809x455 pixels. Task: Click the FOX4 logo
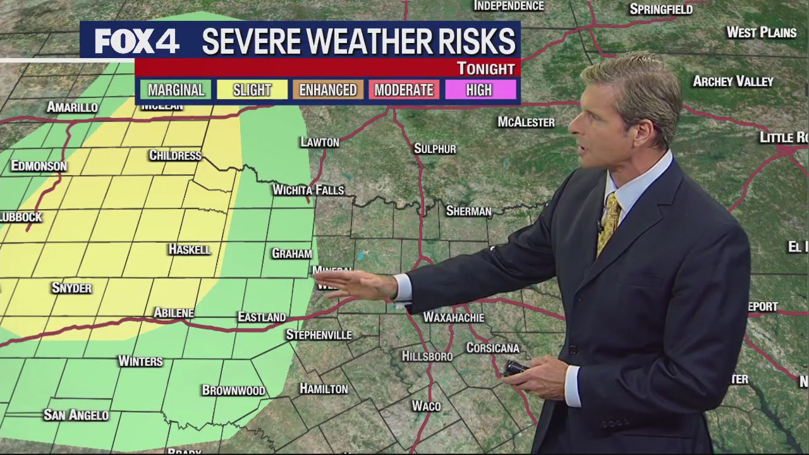click(137, 42)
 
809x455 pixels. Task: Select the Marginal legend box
click(176, 90)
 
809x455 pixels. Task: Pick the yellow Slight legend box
click(252, 90)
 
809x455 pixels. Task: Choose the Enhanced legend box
click(328, 90)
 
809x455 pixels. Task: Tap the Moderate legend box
click(404, 90)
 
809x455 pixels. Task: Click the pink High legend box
click(479, 90)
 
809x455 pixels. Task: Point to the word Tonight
click(485, 68)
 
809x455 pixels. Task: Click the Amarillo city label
click(72, 107)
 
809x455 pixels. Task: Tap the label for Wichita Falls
click(308, 190)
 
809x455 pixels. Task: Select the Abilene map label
click(174, 313)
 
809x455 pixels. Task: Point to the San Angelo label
click(76, 415)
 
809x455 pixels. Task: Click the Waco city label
click(426, 406)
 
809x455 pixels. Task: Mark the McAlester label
click(526, 122)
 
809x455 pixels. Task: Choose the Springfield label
click(661, 9)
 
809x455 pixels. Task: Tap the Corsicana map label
click(492, 348)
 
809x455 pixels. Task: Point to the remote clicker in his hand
click(515, 368)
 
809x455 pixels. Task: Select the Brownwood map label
click(233, 390)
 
